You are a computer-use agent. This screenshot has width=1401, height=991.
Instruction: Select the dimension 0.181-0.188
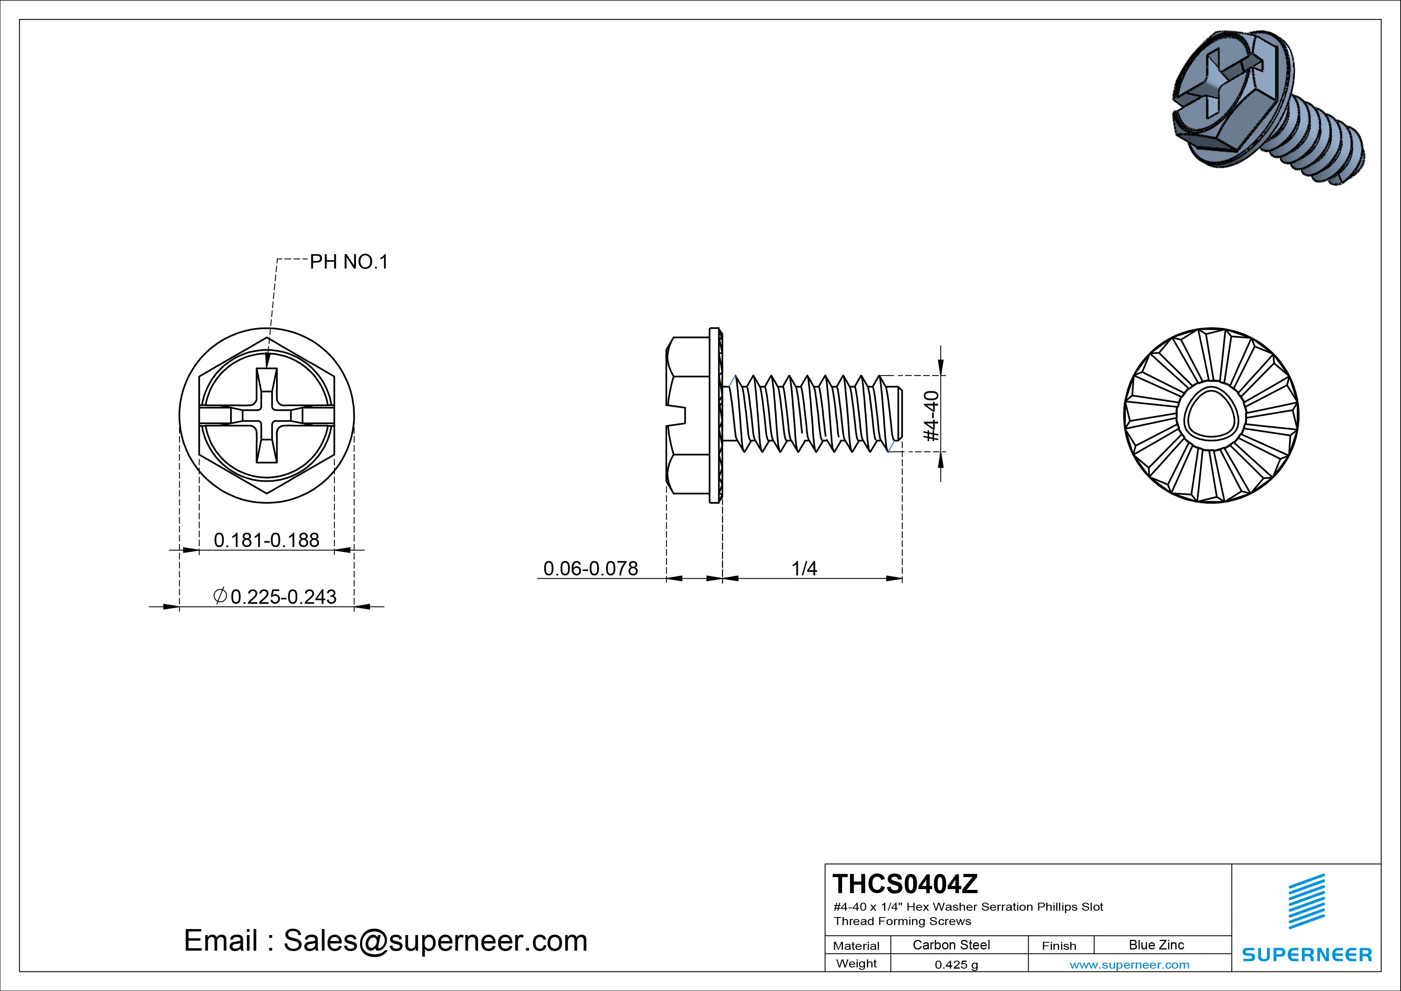(266, 540)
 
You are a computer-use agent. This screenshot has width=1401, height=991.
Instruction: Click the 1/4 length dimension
(804, 568)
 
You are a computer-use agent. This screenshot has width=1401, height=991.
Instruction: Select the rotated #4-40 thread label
(931, 416)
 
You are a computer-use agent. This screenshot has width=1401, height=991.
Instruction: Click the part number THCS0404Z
(904, 884)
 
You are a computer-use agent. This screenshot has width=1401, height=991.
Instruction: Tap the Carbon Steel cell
(951, 945)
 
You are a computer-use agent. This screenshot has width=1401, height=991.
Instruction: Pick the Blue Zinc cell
(1156, 945)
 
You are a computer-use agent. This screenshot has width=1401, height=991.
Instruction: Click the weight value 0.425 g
(956, 965)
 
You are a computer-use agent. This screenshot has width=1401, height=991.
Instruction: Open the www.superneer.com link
(1129, 965)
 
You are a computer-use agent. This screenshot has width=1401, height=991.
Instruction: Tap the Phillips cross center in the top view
(266, 416)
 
